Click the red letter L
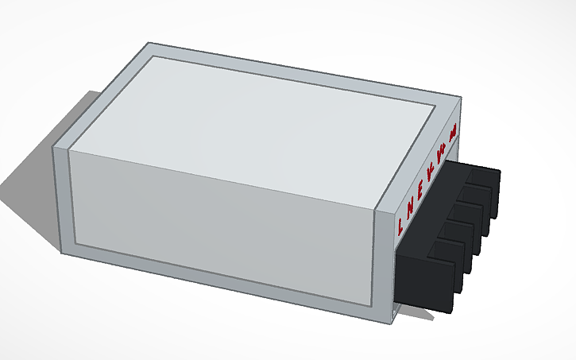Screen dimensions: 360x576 (400, 225)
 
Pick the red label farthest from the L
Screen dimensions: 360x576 (452, 135)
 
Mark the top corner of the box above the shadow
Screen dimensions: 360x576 (54, 148)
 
